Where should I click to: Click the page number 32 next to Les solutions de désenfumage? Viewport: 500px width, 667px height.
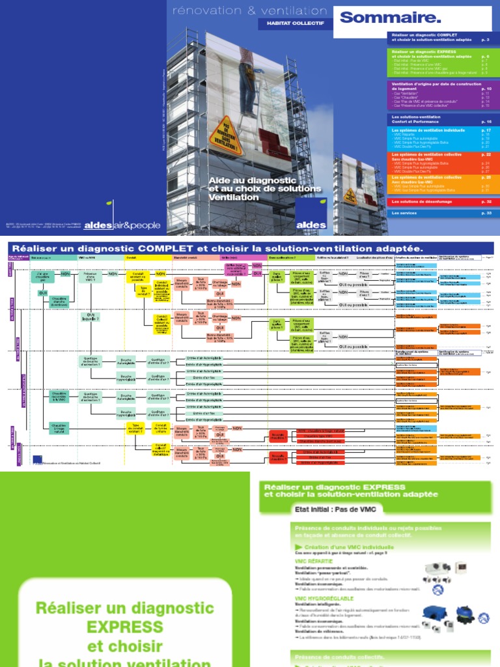coord(484,203)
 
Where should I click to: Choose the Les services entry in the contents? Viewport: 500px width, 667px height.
coord(402,213)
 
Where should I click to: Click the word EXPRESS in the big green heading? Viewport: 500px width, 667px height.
coord(124,627)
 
